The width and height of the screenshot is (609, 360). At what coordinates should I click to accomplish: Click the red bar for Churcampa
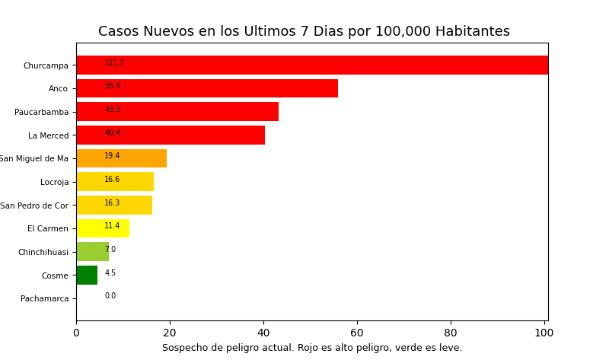click(x=312, y=65)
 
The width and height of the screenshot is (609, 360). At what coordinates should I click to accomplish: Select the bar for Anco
click(x=207, y=88)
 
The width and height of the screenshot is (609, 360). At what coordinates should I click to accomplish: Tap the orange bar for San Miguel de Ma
click(x=122, y=158)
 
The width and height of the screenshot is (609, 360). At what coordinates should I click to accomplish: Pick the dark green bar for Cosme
click(x=87, y=276)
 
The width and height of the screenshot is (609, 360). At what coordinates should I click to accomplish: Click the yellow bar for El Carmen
click(x=103, y=228)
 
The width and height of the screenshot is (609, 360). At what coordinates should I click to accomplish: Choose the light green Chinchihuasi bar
click(x=92, y=252)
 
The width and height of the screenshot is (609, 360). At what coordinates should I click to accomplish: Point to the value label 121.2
click(x=114, y=63)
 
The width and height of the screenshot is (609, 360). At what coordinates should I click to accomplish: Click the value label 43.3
click(x=113, y=110)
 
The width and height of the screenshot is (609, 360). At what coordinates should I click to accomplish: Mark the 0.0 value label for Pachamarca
click(x=110, y=296)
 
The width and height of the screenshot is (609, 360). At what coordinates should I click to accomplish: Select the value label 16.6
click(x=112, y=180)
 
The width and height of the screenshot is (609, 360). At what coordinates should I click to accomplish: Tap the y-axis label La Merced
click(x=48, y=135)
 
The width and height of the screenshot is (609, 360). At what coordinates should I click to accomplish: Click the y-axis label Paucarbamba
click(x=41, y=112)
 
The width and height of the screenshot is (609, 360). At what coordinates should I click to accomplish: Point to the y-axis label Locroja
click(x=54, y=182)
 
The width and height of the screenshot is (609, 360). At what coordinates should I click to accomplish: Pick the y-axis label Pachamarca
click(x=44, y=298)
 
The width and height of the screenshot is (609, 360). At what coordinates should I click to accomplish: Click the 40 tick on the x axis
click(x=263, y=333)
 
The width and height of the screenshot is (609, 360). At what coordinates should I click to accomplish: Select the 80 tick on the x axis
click(x=451, y=333)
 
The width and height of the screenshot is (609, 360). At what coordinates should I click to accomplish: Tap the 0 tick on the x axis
click(x=76, y=333)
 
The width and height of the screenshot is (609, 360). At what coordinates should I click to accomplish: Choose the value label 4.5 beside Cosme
click(x=110, y=273)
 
